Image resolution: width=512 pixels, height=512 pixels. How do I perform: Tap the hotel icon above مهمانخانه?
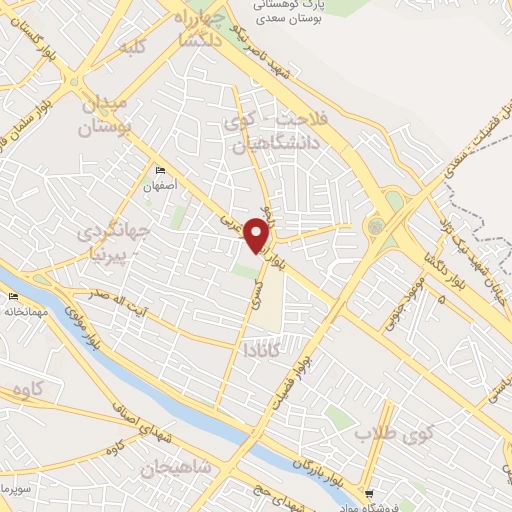coord(13,297)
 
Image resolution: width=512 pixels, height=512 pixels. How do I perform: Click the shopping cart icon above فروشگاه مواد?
coord(371,493)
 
